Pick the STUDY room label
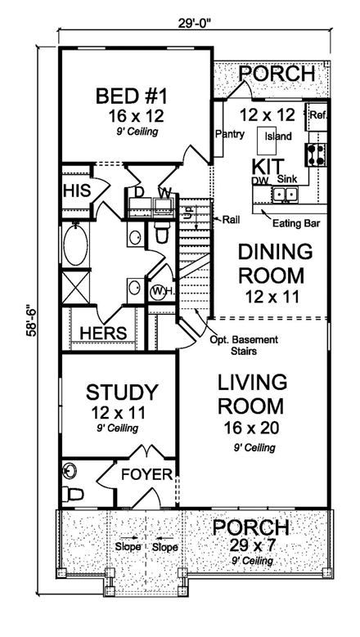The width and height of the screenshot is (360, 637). pos(122,392)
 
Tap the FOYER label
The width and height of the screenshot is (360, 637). pos(147,474)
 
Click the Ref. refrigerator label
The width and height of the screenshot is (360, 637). pos(318,115)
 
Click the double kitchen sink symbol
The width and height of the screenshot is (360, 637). pos(285,193)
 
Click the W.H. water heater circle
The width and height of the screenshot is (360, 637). pos(160,292)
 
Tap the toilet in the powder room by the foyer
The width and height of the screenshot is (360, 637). pos(74,493)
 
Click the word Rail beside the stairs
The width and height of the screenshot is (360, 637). pos(231,219)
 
